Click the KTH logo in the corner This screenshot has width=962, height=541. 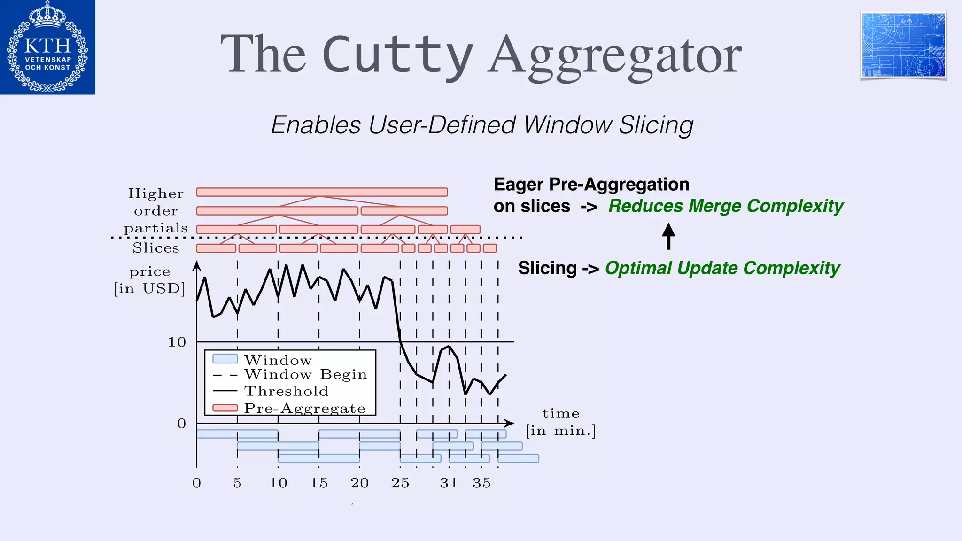(x=47, y=47)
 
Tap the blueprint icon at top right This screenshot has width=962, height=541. (x=903, y=45)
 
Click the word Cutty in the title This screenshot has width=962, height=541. (x=397, y=55)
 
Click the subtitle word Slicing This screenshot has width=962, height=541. (x=656, y=125)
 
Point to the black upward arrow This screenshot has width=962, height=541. (x=668, y=236)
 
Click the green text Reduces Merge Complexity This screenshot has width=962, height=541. (x=726, y=206)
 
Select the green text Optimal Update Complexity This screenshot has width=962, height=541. (x=722, y=268)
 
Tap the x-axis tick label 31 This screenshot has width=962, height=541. (x=449, y=483)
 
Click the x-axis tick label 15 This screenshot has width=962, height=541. (x=318, y=483)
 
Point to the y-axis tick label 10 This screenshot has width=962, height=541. (x=177, y=342)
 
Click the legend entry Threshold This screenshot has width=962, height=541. (x=286, y=391)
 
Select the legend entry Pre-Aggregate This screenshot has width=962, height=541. (x=304, y=408)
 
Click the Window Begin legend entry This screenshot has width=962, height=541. (x=305, y=374)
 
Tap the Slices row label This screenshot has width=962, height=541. (x=156, y=248)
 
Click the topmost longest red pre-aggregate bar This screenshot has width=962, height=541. (x=322, y=192)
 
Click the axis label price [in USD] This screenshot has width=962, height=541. (x=150, y=280)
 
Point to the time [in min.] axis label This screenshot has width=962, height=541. (x=560, y=422)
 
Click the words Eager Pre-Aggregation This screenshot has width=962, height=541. (x=591, y=185)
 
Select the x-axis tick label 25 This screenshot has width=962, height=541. (x=400, y=483)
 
